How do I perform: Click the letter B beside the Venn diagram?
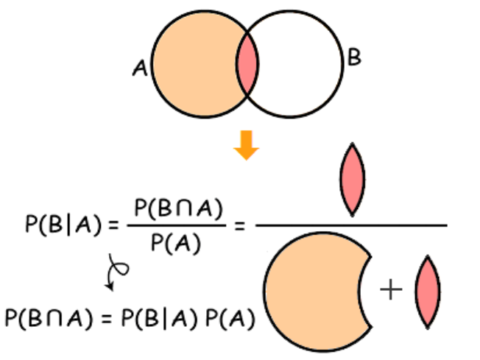tap(354, 58)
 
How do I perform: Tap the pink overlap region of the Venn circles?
tap(248, 66)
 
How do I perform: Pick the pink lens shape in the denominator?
tap(427, 290)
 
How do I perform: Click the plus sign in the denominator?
tap(391, 290)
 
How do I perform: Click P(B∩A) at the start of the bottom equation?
tap(46, 318)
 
